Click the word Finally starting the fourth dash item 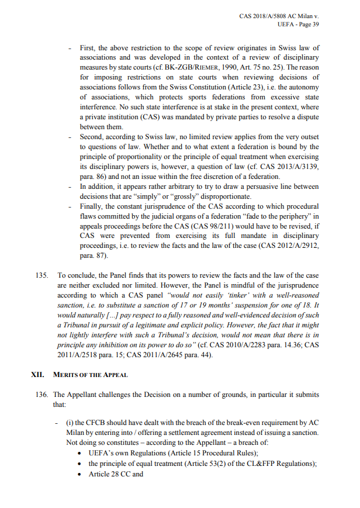coord(92,206)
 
